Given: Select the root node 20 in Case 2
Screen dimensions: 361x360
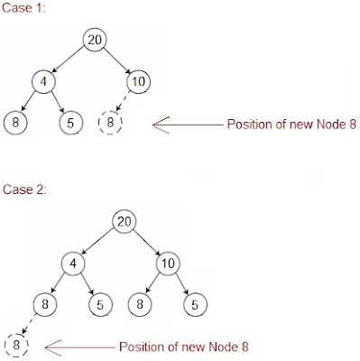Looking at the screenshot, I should point(125,222).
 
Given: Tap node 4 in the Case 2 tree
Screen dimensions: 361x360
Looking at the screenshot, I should point(75,264).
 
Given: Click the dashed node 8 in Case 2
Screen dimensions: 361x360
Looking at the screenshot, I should point(14,345).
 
